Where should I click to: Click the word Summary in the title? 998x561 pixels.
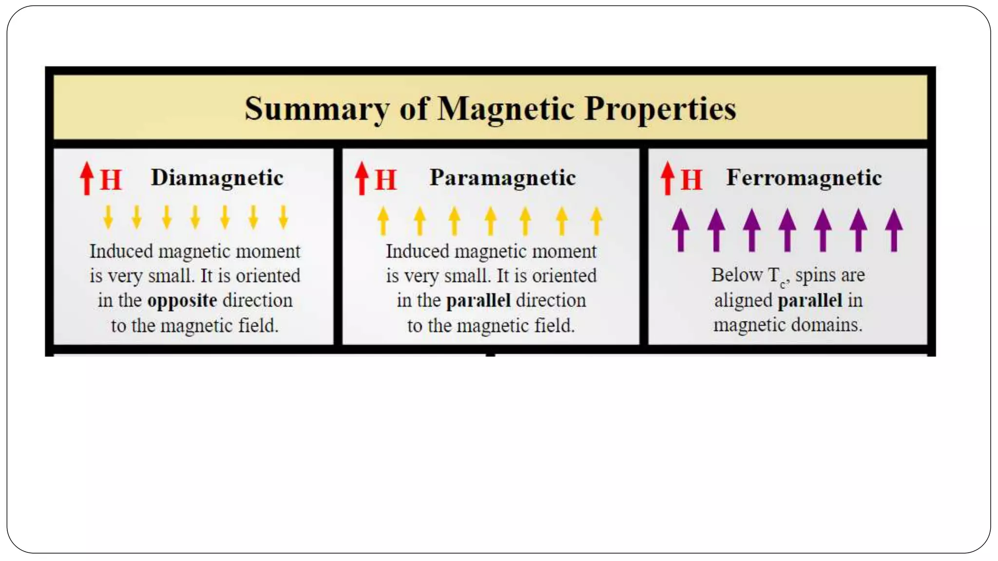pos(317,109)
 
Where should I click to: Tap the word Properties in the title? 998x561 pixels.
pos(660,109)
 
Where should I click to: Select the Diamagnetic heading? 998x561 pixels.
pos(217,178)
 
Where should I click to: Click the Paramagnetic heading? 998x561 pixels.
pos(502,178)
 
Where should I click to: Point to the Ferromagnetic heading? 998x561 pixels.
pos(804,178)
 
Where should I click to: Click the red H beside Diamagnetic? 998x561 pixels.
pos(111,180)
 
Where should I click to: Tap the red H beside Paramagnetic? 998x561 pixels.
pos(386,180)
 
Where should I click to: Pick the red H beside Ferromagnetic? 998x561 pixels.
pos(691,180)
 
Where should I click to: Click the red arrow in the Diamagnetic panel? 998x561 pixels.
pos(87,178)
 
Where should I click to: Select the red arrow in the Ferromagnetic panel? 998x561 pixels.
pos(668,178)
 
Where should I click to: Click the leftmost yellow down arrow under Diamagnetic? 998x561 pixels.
pos(108,217)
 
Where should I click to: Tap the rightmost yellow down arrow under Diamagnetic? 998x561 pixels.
pos(283,217)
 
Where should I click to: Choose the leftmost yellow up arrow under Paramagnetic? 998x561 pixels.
pos(383,221)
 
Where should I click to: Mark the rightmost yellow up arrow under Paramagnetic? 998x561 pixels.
pos(596,221)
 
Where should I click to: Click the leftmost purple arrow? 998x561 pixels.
pos(681,230)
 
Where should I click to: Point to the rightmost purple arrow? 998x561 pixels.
pos(894,230)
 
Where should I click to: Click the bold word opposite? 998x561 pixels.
pos(182,301)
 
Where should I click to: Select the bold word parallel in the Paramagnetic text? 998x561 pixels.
pos(479,301)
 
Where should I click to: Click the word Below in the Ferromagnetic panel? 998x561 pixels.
pos(736,275)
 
